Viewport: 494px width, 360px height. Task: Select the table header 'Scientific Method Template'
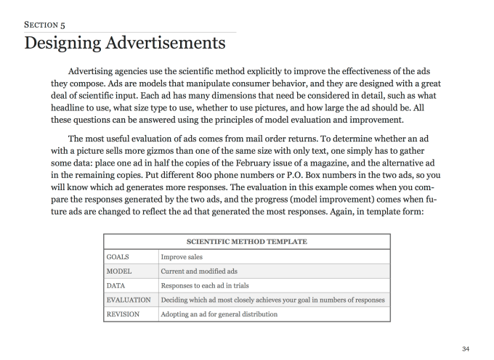coord(246,242)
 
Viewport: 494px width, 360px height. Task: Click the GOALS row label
coord(118,256)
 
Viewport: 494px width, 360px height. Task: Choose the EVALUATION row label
coord(128,300)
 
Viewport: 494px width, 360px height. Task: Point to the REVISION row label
coord(123,314)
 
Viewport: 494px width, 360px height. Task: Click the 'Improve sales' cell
coord(182,256)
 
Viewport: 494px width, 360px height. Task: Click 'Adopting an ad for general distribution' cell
coord(219,314)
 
